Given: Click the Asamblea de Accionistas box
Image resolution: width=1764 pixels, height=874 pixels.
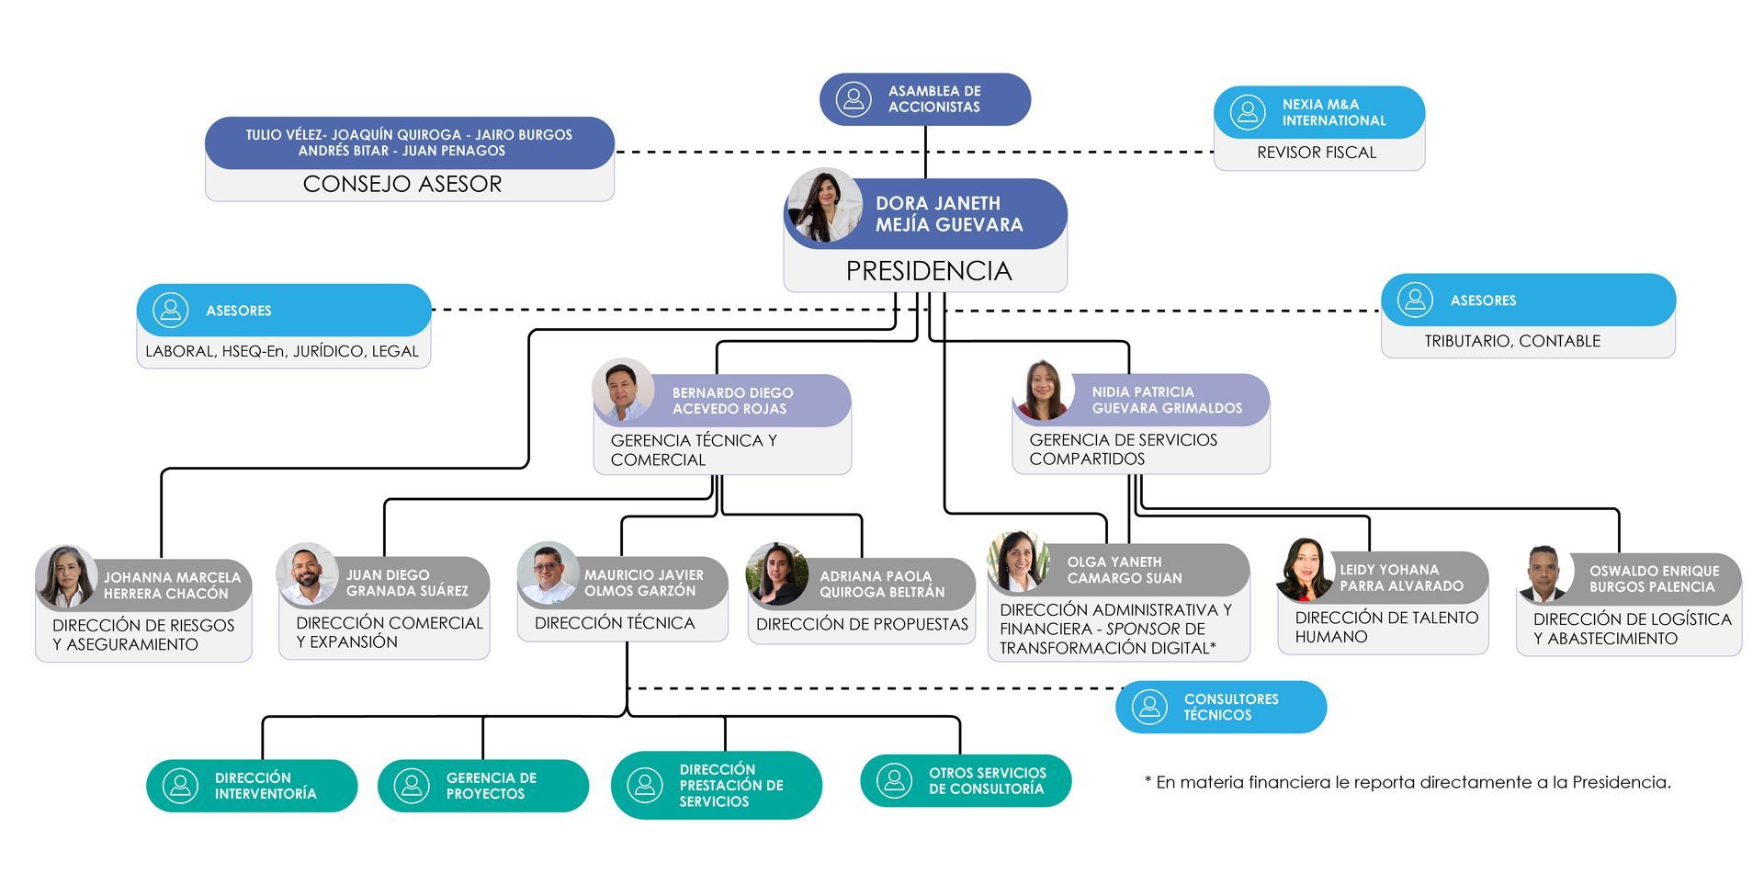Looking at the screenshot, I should (924, 99).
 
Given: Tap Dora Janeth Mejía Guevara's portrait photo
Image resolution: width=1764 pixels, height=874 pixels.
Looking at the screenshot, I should (823, 206).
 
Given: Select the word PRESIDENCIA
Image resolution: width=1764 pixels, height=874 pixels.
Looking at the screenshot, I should (928, 271).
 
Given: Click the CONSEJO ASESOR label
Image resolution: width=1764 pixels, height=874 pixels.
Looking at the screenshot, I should (402, 184).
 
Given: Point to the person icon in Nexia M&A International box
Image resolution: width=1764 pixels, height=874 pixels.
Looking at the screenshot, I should (1247, 112).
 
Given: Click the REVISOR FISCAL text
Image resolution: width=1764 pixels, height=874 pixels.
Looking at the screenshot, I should (1316, 153).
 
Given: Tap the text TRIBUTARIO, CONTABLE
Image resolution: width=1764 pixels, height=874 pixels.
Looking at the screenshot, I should (1511, 341).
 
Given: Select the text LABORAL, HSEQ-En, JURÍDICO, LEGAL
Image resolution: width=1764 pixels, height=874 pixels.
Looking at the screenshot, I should (282, 351).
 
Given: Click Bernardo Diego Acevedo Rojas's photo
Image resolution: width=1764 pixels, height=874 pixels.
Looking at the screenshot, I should (623, 390).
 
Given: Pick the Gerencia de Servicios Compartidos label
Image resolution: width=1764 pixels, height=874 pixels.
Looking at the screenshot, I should (1123, 449).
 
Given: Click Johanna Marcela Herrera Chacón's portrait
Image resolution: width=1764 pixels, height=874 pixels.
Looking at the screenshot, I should (66, 576).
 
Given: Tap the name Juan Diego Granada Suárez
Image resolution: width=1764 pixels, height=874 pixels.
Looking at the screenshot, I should (407, 583).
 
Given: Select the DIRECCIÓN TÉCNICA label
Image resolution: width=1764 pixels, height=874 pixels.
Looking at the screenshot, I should (614, 623).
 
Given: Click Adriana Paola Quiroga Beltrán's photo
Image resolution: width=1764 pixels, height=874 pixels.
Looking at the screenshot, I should (777, 574).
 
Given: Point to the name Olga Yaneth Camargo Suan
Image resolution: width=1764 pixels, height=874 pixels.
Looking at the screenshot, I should (1124, 570).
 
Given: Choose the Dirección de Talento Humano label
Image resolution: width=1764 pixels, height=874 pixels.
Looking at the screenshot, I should (1385, 627).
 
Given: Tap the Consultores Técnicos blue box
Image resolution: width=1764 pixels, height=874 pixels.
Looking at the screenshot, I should (1220, 707).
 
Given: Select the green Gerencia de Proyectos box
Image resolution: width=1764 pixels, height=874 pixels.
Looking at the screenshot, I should (482, 786).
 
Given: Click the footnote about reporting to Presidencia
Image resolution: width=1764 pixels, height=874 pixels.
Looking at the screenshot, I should (1407, 782).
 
